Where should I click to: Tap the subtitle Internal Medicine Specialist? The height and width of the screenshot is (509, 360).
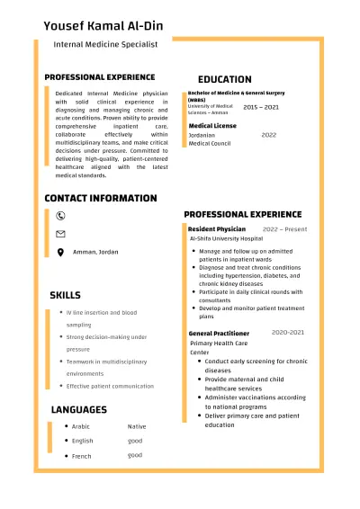(106, 43)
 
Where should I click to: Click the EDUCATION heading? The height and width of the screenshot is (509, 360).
(224, 79)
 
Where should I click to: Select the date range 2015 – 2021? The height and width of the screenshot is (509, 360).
(261, 107)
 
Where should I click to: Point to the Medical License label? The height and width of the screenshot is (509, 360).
(212, 126)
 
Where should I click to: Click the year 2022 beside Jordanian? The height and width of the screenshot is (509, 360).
(268, 135)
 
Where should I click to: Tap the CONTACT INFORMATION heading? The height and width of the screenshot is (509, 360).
(100, 198)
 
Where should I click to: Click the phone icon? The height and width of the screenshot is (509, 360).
(60, 216)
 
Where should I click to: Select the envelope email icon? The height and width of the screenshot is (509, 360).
(60, 234)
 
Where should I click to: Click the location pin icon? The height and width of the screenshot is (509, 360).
(60, 252)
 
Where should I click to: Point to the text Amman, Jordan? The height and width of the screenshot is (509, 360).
(95, 252)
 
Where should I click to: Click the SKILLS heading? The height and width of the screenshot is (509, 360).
(65, 295)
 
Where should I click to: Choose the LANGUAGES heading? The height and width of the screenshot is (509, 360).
(78, 409)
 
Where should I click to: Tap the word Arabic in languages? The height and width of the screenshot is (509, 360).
(81, 426)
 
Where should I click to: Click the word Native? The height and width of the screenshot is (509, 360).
(136, 426)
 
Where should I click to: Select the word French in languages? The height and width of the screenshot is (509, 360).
(82, 456)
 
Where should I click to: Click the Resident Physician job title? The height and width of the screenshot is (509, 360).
(216, 229)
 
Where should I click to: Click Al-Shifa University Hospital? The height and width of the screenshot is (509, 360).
(226, 239)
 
